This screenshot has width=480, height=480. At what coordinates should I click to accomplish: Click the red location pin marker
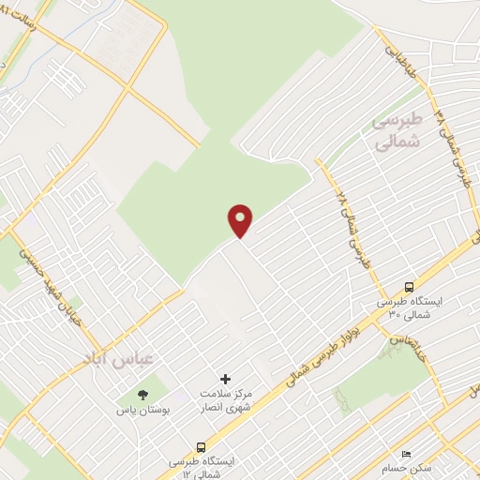pos(241,219)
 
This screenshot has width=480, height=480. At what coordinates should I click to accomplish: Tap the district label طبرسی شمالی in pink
pos(397,134)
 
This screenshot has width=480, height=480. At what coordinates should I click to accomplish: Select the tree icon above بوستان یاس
pos(142,396)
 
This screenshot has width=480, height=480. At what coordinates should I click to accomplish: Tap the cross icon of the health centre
pos(225,378)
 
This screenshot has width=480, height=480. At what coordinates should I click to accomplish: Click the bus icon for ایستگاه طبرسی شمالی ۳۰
pos(409,286)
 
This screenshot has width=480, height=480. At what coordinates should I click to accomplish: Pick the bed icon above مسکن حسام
pos(405,452)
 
